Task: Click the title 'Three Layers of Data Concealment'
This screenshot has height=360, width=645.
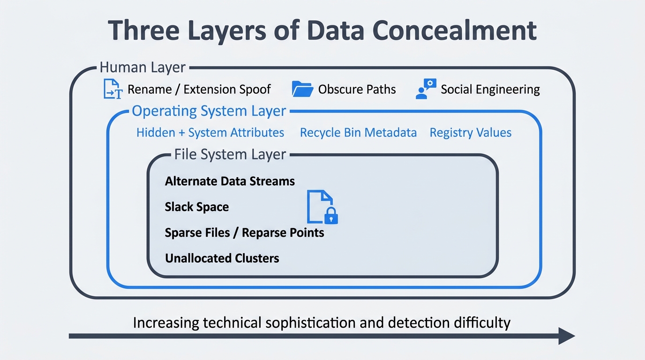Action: pos(322,31)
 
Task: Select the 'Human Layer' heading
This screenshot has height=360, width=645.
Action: pos(143,67)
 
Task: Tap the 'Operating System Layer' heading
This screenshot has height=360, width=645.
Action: pos(209,111)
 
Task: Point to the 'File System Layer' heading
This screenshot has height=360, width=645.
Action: pos(230,154)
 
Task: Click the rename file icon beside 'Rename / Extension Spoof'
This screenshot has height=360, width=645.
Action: pos(112,89)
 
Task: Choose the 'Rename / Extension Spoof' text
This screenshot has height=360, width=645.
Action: pos(199,90)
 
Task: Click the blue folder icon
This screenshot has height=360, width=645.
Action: pos(302,89)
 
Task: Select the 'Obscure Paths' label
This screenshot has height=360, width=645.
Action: pos(357,90)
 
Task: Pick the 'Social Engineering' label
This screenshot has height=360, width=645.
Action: pos(490,90)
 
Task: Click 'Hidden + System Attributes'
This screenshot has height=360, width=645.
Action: pos(210,133)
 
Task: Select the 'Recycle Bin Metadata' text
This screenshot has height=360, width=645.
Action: pos(358,133)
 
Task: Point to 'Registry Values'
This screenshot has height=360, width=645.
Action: pos(470,133)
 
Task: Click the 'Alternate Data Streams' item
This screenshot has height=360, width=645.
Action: pos(230,181)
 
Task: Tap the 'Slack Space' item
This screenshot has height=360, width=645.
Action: pos(197,207)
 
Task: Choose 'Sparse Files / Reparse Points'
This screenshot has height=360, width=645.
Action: pos(244,232)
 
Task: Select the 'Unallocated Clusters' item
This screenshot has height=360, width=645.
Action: pos(222,258)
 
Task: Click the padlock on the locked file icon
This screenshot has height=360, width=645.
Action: pos(331,216)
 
